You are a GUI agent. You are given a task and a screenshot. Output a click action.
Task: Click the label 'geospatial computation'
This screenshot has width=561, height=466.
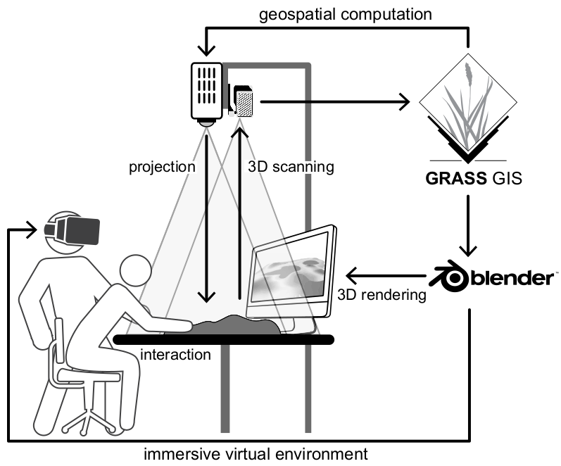click(346, 15)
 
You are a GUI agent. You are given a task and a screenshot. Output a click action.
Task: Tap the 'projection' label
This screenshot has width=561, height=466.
click(162, 167)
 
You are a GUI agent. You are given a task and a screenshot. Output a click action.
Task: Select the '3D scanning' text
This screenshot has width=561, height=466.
click(291, 167)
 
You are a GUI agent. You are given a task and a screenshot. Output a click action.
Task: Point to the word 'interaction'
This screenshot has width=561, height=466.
click(175, 355)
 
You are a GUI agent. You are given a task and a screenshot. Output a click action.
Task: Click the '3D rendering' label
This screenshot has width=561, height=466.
click(382, 295)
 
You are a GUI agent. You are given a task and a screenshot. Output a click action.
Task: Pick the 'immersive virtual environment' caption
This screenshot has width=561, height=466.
click(256, 454)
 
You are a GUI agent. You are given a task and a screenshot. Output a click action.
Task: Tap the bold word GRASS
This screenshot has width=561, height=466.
click(456, 178)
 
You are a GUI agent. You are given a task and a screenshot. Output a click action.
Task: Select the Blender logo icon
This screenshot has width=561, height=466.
click(449, 278)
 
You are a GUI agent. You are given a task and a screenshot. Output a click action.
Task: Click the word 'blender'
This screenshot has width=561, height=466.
click(512, 279)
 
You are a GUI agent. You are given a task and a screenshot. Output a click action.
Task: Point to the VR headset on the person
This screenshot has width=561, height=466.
click(73, 230)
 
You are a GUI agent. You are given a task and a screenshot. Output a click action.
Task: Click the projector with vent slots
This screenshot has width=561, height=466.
click(207, 94)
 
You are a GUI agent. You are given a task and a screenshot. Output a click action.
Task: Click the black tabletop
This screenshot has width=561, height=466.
click(224, 340)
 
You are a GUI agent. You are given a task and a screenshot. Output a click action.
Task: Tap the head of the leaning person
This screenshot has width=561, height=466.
click(136, 270)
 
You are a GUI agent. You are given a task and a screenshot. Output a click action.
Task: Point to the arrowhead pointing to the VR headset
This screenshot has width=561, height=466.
click(32, 229)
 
